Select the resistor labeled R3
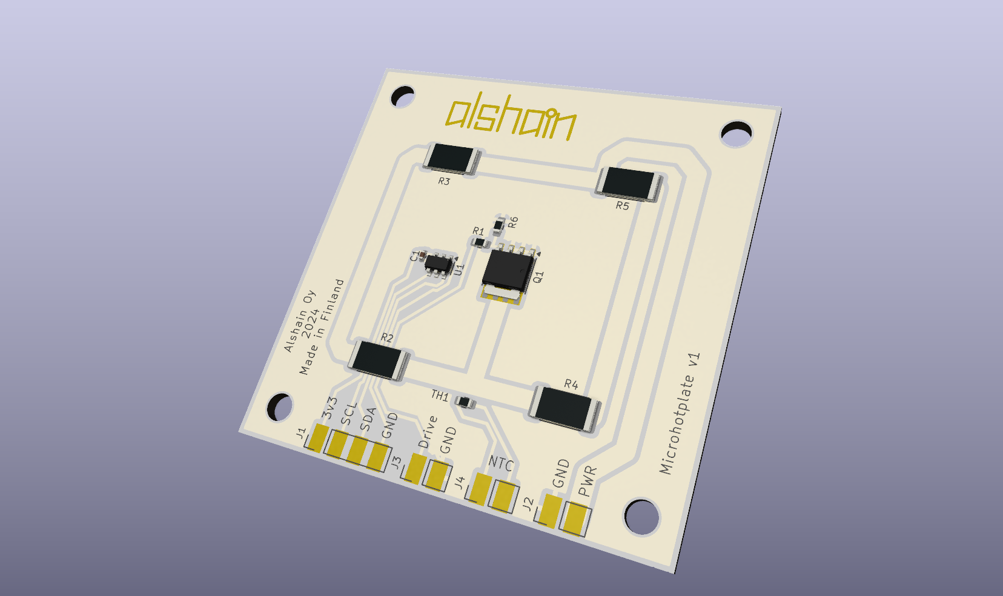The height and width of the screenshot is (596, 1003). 452,159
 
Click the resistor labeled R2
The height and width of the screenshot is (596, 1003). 379,360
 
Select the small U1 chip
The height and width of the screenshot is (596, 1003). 439,263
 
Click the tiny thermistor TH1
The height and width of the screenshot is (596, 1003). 465,402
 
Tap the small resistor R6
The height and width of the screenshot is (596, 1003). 499,226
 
